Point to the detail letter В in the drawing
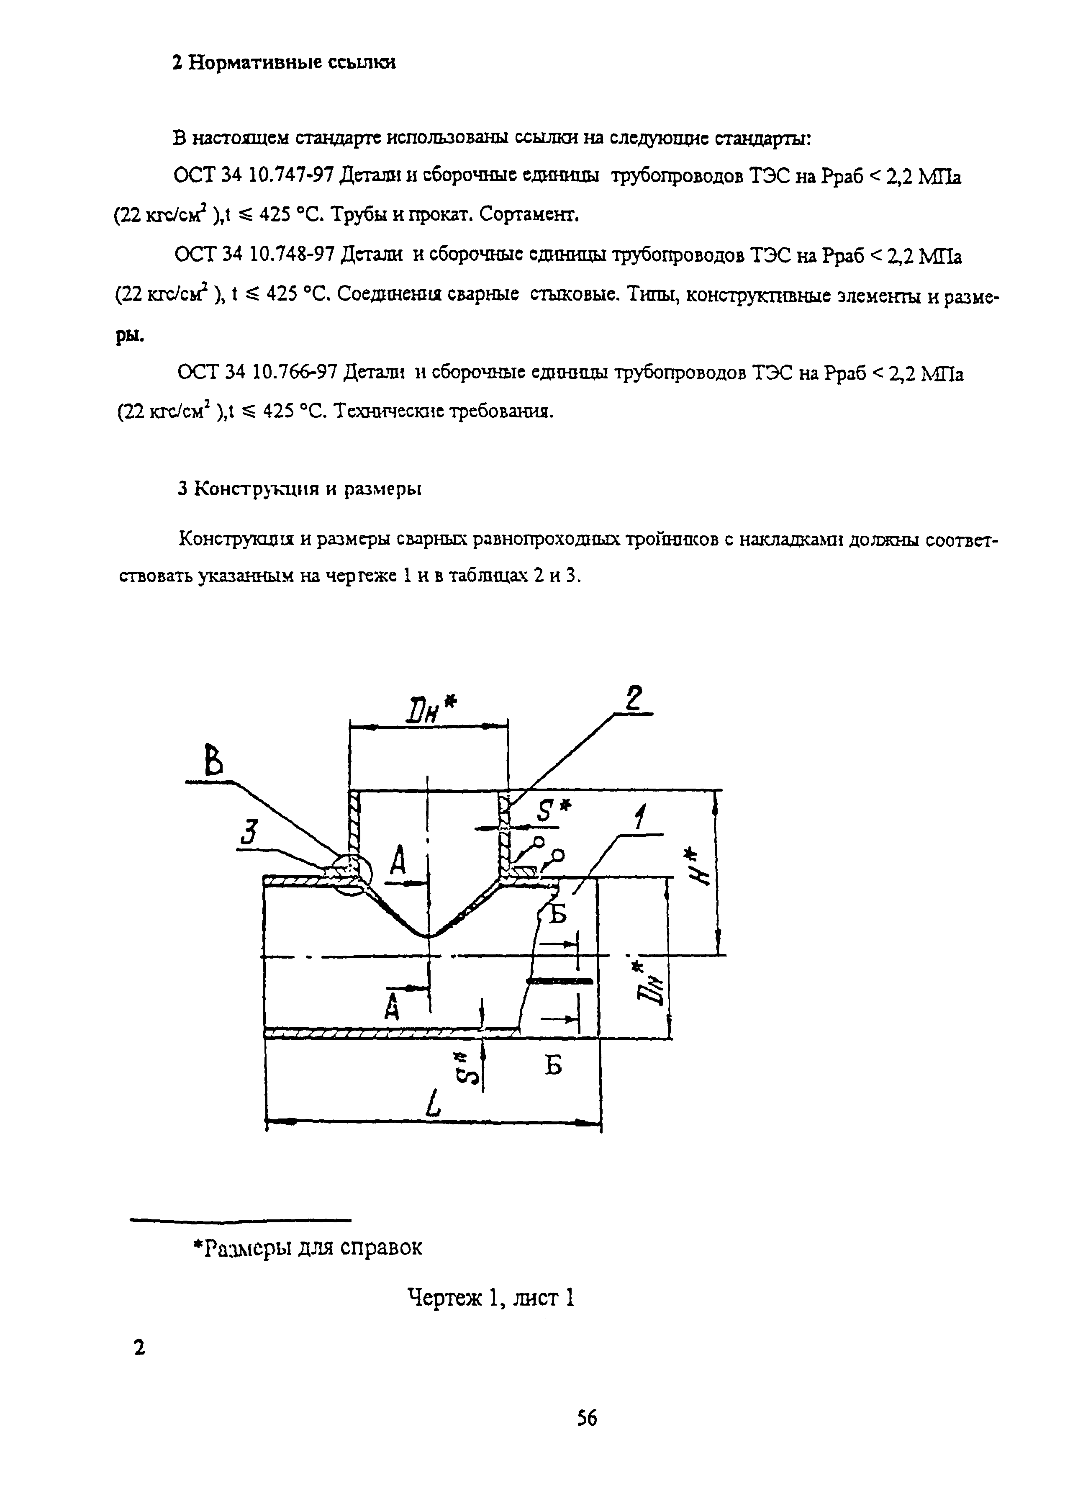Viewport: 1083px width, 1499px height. point(212,761)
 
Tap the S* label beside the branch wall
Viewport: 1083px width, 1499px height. point(553,810)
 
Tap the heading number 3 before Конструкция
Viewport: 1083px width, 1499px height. point(184,489)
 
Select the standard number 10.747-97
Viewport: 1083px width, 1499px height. point(291,177)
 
